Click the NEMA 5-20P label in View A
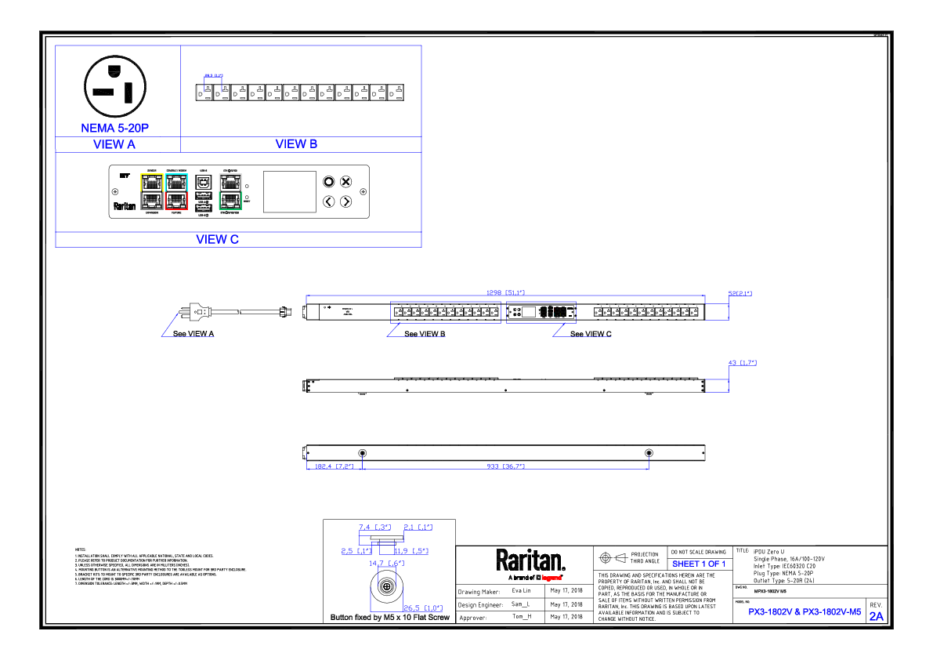pos(114,128)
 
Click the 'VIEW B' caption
pos(296,144)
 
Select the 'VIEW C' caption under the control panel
pos(217,239)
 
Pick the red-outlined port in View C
pos(176,201)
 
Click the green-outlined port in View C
pos(230,201)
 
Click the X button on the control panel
pos(345,182)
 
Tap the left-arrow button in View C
pos(329,201)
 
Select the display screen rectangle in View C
pos(289,192)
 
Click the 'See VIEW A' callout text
pos(193,334)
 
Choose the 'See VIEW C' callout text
pos(591,334)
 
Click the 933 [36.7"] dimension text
pos(505,466)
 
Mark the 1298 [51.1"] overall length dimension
pos(504,293)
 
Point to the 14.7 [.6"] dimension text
pos(386,563)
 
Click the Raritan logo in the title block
pos(530,561)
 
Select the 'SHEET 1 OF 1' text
pos(699,564)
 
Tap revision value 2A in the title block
pos(876,616)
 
